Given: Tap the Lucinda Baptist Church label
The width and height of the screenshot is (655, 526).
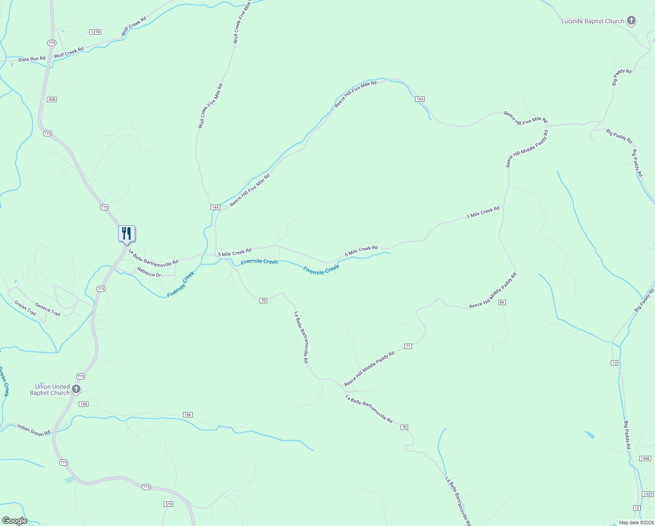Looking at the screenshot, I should click(592, 21).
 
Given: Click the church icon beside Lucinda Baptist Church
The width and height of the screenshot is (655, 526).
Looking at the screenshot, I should click(631, 21).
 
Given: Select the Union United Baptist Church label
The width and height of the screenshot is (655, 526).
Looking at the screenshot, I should click(50, 390).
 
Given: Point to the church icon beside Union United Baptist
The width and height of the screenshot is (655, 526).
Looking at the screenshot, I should click(76, 389).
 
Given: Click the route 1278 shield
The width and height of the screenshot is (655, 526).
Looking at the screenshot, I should click(95, 32).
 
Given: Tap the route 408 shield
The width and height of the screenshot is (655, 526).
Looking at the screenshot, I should click(52, 100).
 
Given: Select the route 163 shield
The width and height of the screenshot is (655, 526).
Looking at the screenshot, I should click(420, 99).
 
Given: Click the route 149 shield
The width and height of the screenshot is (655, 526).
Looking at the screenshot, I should click(215, 207).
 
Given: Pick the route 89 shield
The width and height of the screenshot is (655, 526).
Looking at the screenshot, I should click(502, 302).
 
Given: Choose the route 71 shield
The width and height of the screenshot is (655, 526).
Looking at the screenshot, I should click(408, 346).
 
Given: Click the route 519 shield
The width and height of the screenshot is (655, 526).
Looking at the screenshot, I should click(169, 504).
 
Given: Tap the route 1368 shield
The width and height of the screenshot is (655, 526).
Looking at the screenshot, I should click(644, 458).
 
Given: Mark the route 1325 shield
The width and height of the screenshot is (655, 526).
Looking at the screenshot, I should click(648, 494).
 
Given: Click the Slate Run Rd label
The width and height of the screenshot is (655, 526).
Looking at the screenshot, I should click(32, 59).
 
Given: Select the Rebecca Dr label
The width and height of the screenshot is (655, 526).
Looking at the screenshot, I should click(149, 272).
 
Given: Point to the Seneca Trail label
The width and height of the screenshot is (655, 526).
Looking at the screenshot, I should click(48, 310).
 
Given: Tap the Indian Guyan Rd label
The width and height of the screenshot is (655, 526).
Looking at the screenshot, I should click(34, 430).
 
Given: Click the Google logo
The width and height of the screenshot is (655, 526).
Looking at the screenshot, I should click(14, 521).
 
